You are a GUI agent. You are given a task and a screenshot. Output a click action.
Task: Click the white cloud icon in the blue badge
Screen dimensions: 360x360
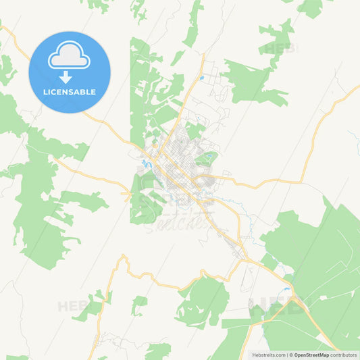(69, 58)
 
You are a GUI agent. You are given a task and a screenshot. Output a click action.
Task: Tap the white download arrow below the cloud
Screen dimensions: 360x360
(66, 77)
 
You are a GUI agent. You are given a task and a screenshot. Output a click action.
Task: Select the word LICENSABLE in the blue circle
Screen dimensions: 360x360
(69, 92)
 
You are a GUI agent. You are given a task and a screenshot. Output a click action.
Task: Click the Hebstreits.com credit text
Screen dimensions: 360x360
(268, 355)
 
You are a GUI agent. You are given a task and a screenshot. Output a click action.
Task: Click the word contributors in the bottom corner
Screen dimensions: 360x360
(343, 355)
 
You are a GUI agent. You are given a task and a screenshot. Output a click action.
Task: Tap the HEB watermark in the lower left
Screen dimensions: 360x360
(73, 306)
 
